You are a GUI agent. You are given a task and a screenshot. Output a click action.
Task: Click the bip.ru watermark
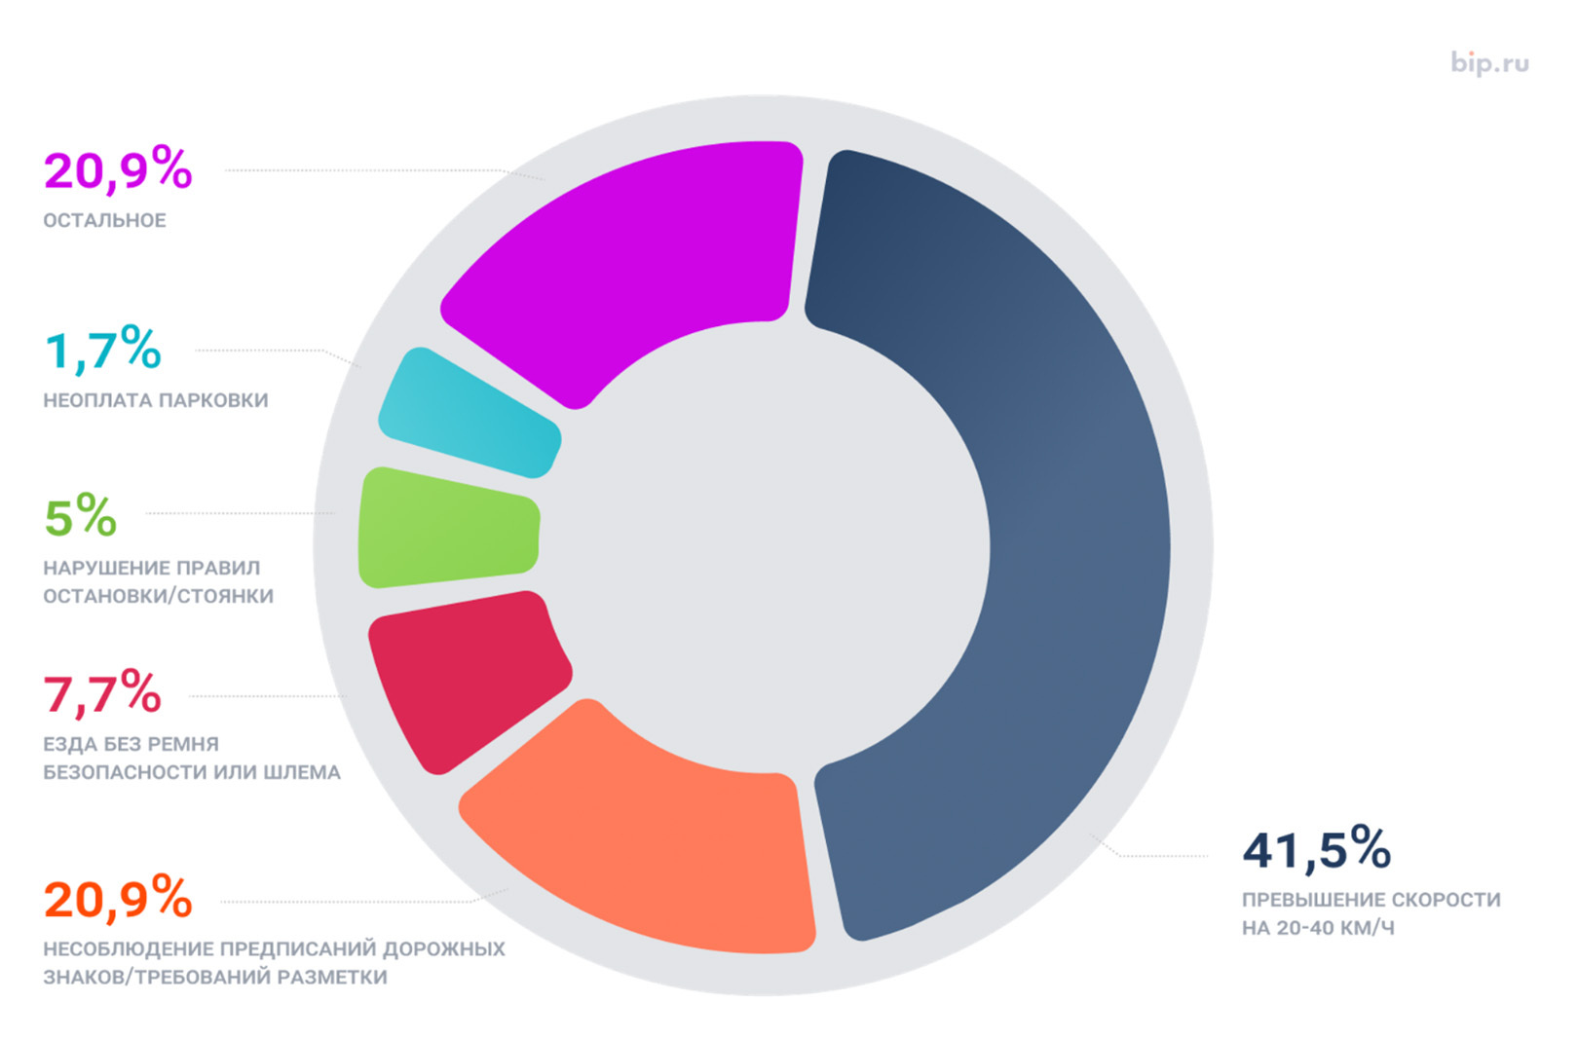click(1489, 63)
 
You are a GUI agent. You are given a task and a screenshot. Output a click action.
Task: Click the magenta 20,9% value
click(118, 169)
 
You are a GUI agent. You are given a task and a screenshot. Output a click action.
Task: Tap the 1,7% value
click(103, 350)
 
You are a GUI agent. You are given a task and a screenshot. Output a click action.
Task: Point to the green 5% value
click(81, 515)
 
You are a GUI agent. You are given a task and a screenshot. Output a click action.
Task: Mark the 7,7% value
click(102, 693)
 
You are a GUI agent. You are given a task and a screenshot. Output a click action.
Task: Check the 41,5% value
click(1316, 849)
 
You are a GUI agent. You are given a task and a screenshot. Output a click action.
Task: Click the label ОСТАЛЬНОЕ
click(104, 221)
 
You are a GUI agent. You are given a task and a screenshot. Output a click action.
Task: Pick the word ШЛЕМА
click(307, 772)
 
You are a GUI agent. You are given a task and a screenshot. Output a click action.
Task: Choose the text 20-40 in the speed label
click(1304, 928)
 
